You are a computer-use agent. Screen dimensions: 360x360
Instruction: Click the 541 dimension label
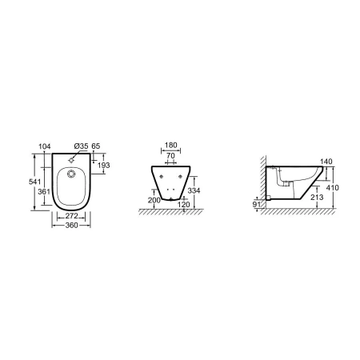pos(34,182)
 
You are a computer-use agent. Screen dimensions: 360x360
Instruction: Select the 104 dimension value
pos(45,146)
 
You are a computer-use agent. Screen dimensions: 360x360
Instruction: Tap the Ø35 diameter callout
pos(81,146)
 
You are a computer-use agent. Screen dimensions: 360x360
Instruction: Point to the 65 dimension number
pos(96,146)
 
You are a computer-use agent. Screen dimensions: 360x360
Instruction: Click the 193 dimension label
pos(103,166)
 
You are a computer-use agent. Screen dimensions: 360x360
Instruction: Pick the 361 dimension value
pos(44,191)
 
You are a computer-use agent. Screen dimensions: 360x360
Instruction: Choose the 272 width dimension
pos(71,215)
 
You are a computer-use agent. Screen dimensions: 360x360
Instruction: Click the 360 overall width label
pos(71,226)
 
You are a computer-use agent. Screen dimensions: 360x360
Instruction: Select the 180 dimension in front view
pos(170,145)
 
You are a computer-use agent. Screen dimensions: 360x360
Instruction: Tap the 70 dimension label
pos(170,155)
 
